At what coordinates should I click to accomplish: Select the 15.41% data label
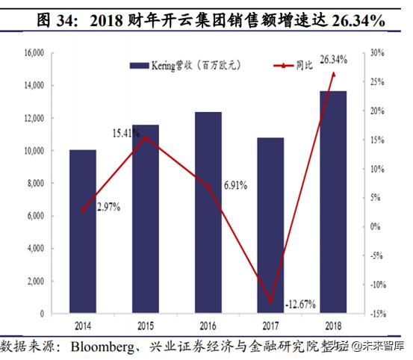128,132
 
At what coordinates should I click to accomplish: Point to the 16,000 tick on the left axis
34,54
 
